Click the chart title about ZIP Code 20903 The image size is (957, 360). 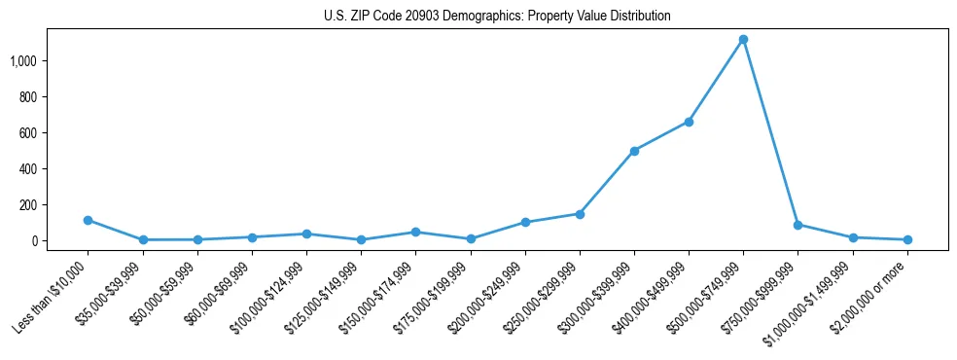pyautogui.click(x=497, y=17)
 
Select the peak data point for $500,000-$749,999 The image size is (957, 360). pyautogui.click(x=743, y=40)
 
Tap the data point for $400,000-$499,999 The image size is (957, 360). pyautogui.click(x=689, y=122)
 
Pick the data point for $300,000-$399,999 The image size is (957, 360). pyautogui.click(x=634, y=151)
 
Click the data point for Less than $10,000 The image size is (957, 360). pyautogui.click(x=89, y=220)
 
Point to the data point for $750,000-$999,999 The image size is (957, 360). pyautogui.click(x=797, y=225)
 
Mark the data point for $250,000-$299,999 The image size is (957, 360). pyautogui.click(x=580, y=214)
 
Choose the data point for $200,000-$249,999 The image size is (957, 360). pyautogui.click(x=525, y=222)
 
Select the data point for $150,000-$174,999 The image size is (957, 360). pyautogui.click(x=416, y=232)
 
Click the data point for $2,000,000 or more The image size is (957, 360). pyautogui.click(x=906, y=239)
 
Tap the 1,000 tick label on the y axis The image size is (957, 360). pyautogui.click(x=23, y=61)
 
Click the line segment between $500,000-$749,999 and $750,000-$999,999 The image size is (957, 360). pyautogui.click(x=770, y=132)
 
